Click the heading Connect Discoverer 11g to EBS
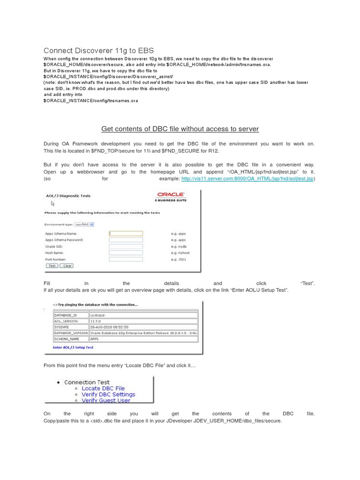coord(98,51)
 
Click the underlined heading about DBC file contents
coord(180,129)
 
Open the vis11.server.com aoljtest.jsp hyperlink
coord(247,179)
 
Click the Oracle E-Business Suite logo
coord(171,196)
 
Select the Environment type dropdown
coord(82,225)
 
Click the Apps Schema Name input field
coord(126,233)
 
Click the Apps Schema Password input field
coord(126,240)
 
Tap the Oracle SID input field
coord(126,246)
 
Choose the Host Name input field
coord(126,252)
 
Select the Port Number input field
coord(126,259)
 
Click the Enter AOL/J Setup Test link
coord(73,347)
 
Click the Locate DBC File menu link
coord(103,388)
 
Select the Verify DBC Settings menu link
coord(108,394)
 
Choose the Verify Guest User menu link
coord(106,401)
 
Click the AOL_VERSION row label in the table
coord(67,321)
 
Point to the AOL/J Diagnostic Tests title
coord(67,196)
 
